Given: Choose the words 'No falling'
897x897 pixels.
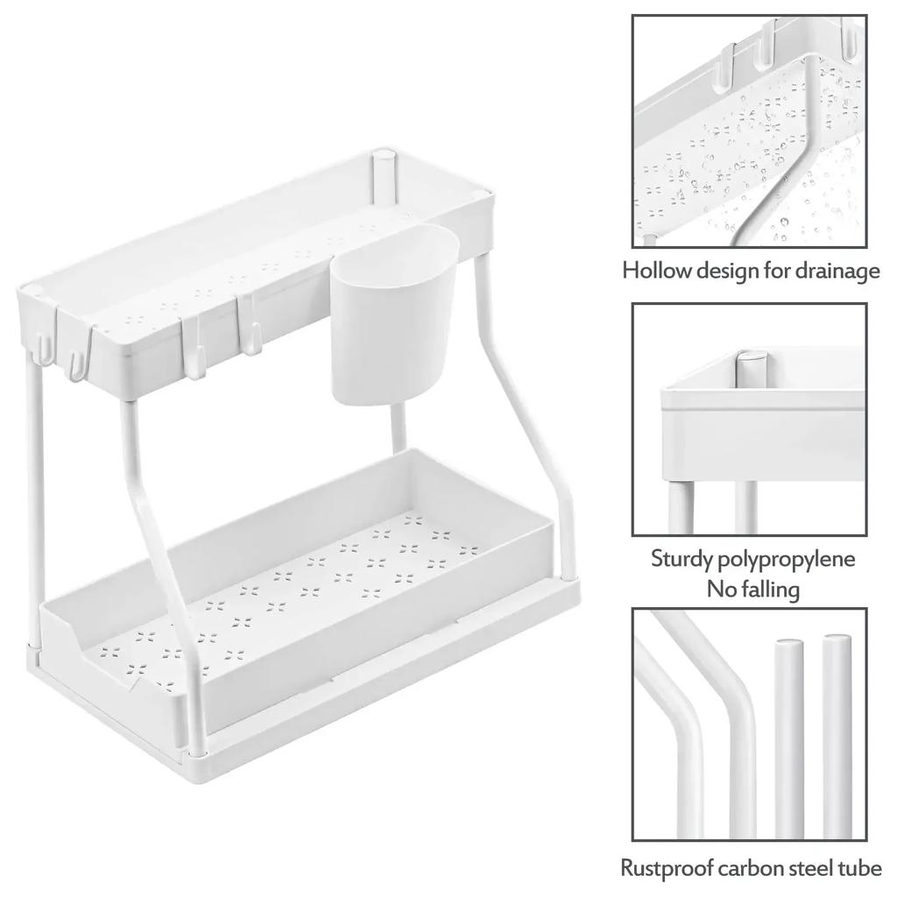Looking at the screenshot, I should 753,589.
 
